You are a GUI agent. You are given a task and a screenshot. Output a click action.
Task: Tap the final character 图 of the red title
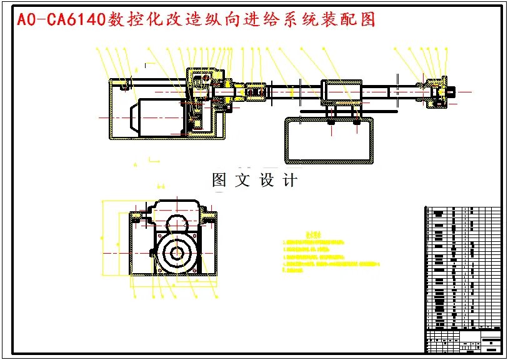tap(368, 19)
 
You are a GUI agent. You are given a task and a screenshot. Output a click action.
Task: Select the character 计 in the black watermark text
tap(290, 181)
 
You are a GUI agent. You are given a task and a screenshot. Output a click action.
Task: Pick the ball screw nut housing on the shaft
tap(341, 93)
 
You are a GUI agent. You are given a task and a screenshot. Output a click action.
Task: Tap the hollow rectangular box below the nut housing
tap(329, 140)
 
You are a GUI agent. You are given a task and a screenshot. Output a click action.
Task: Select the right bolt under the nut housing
tap(356, 122)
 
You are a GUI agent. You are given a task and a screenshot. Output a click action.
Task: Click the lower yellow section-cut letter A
tap(135, 164)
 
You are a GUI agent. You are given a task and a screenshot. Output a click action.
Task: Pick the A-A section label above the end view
tap(161, 186)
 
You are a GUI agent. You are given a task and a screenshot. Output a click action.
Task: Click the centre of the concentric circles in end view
tap(177, 251)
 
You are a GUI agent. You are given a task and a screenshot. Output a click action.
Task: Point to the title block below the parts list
tap(463, 340)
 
